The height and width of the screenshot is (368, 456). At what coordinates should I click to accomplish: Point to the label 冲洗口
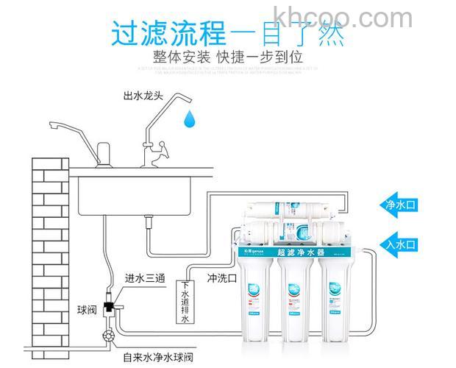click(x=222, y=279)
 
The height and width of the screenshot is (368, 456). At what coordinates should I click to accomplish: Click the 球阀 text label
click(x=87, y=309)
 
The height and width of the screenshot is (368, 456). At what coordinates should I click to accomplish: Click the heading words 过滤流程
click(x=168, y=33)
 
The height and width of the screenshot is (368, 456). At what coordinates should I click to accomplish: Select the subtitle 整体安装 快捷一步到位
click(x=228, y=57)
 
